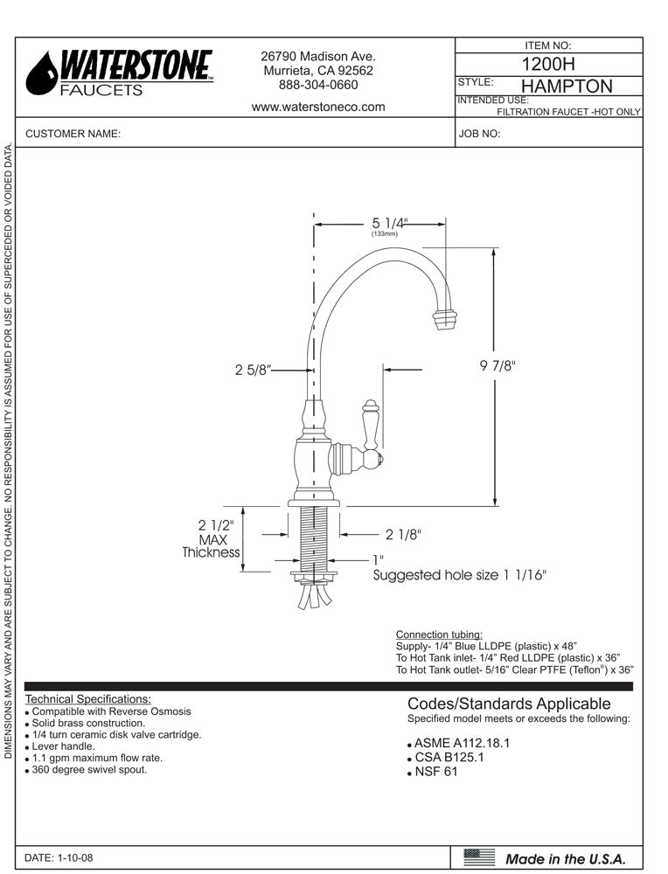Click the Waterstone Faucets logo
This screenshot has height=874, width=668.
click(119, 72)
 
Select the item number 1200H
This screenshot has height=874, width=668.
click(548, 64)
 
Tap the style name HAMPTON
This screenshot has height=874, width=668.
click(566, 86)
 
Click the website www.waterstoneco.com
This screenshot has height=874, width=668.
click(318, 107)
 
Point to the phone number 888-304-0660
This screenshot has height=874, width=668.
click(318, 85)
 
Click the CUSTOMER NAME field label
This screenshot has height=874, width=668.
click(73, 134)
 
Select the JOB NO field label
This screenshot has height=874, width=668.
click(478, 134)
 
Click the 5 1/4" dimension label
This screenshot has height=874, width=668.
click(389, 223)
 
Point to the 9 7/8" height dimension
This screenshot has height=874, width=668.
click(498, 367)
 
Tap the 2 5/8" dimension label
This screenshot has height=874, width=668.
click(253, 370)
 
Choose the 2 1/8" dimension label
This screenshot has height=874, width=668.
click(404, 534)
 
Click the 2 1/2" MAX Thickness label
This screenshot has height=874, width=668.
click(212, 538)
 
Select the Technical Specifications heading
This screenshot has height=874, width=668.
click(88, 698)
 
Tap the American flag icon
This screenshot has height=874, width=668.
click(478, 857)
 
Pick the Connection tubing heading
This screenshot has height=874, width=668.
click(439, 634)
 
